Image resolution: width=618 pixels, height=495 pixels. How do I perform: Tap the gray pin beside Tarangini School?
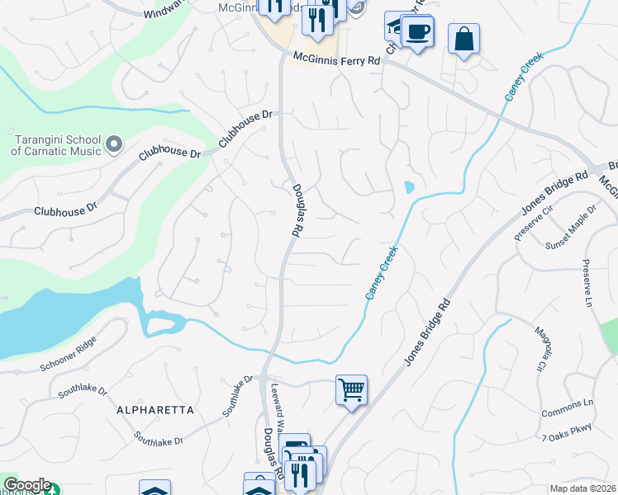click(x=114, y=146)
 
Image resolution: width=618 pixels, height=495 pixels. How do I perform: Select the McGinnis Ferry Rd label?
click(x=337, y=59)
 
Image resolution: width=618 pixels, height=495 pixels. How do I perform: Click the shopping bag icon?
click(x=464, y=38)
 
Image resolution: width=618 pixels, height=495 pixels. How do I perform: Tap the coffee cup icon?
click(x=418, y=32)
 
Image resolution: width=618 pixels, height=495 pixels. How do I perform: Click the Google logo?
click(x=26, y=485)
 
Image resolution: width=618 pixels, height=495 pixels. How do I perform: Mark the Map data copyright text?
click(x=582, y=488)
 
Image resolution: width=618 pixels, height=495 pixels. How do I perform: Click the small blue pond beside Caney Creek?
click(x=409, y=187)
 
